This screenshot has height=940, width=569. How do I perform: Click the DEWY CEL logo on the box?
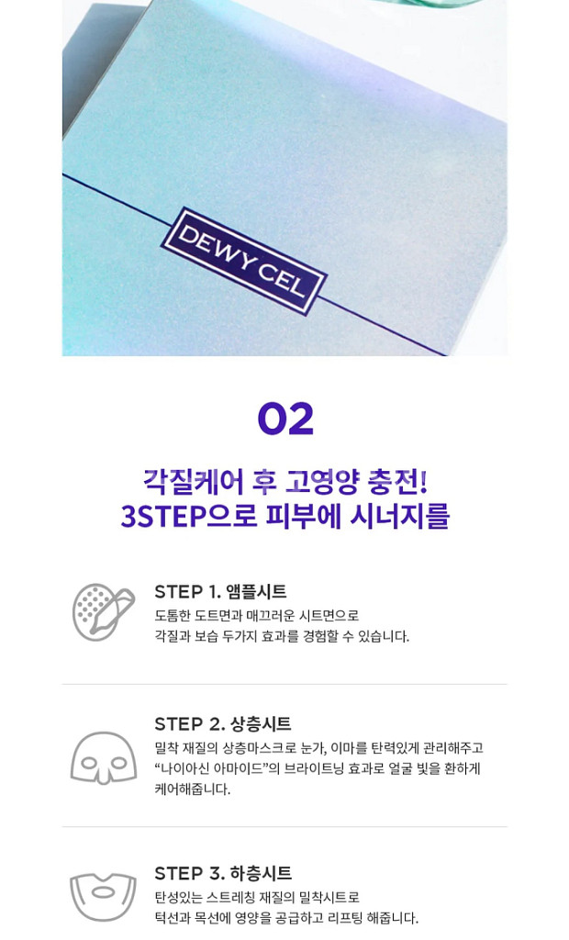click(x=243, y=261)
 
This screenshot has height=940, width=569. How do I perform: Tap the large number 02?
click(x=285, y=420)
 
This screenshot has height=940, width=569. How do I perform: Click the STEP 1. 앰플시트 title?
click(x=220, y=591)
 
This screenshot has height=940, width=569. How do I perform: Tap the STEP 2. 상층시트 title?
click(x=223, y=723)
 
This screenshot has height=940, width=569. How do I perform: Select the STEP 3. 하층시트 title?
click(x=223, y=873)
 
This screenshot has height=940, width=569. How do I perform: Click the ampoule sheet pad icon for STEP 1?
click(x=104, y=612)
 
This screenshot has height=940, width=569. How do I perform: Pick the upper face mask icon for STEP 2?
click(x=104, y=757)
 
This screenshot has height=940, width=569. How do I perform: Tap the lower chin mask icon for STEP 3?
click(x=104, y=897)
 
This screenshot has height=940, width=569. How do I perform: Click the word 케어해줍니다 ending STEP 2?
click(x=193, y=789)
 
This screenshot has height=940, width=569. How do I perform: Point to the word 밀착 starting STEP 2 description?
click(x=168, y=748)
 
